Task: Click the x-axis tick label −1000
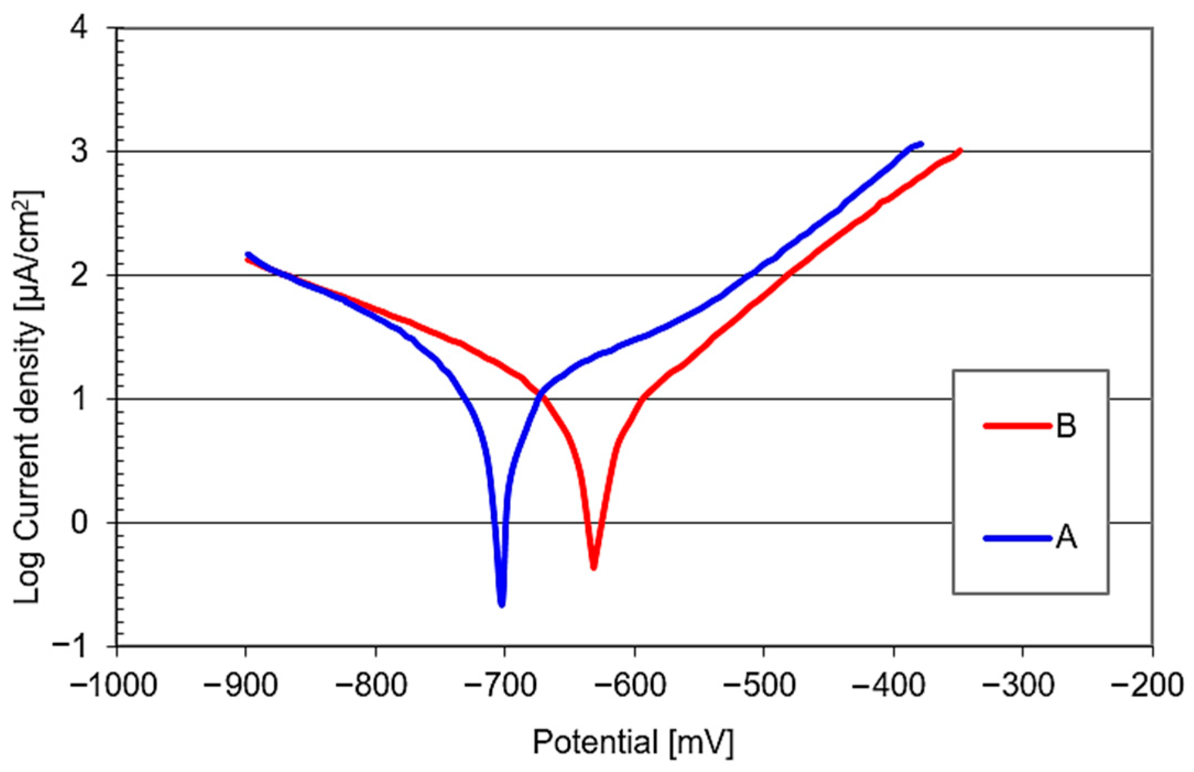[114, 686]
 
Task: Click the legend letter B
[1066, 426]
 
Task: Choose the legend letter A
[1066, 538]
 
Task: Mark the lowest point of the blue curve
[501, 605]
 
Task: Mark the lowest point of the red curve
[593, 567]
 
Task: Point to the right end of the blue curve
[920, 144]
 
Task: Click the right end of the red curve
[960, 150]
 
